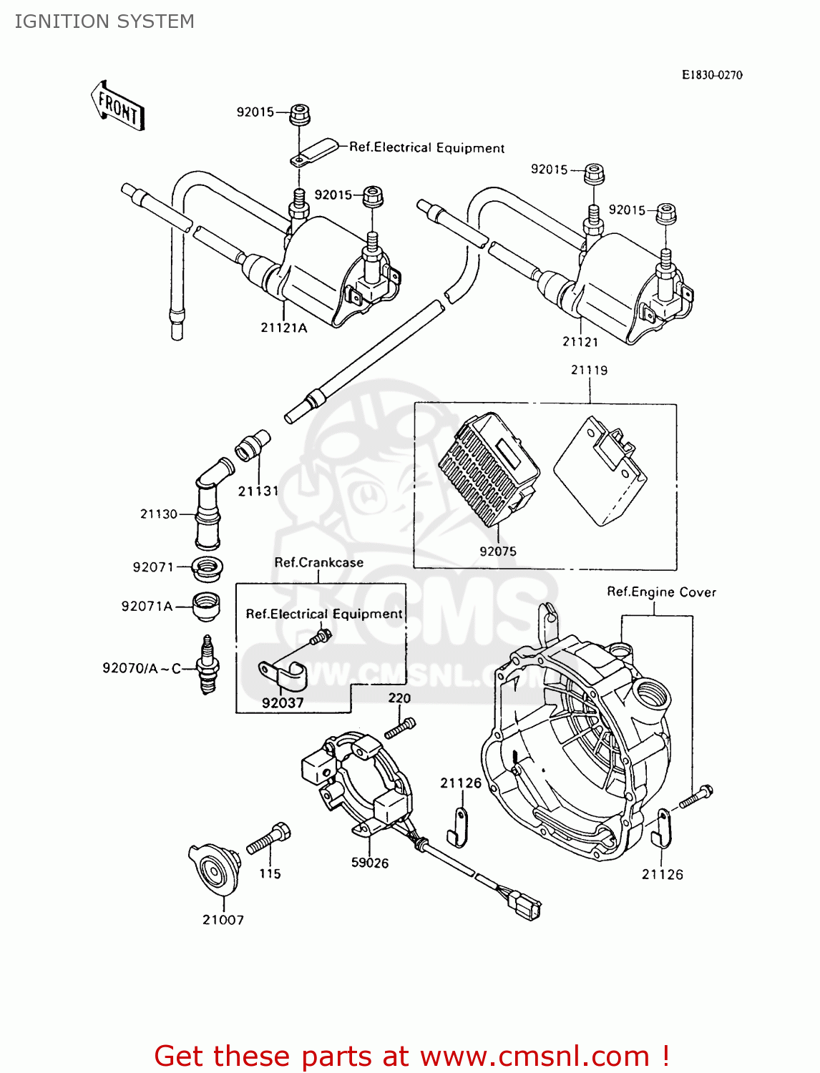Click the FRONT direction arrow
(x=118, y=107)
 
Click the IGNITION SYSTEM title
(x=104, y=21)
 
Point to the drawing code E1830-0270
(x=711, y=75)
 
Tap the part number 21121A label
(x=283, y=328)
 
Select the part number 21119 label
(x=589, y=370)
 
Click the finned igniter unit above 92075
(x=489, y=469)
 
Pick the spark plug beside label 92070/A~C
(x=208, y=666)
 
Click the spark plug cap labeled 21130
(x=208, y=505)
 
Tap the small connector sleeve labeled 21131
(x=253, y=445)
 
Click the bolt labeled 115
(x=269, y=838)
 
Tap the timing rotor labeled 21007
(x=215, y=869)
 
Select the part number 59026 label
(x=369, y=863)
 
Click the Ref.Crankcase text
(x=318, y=563)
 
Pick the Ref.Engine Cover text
(x=661, y=592)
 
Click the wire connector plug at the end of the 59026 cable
(x=526, y=907)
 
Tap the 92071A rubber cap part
(x=206, y=606)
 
